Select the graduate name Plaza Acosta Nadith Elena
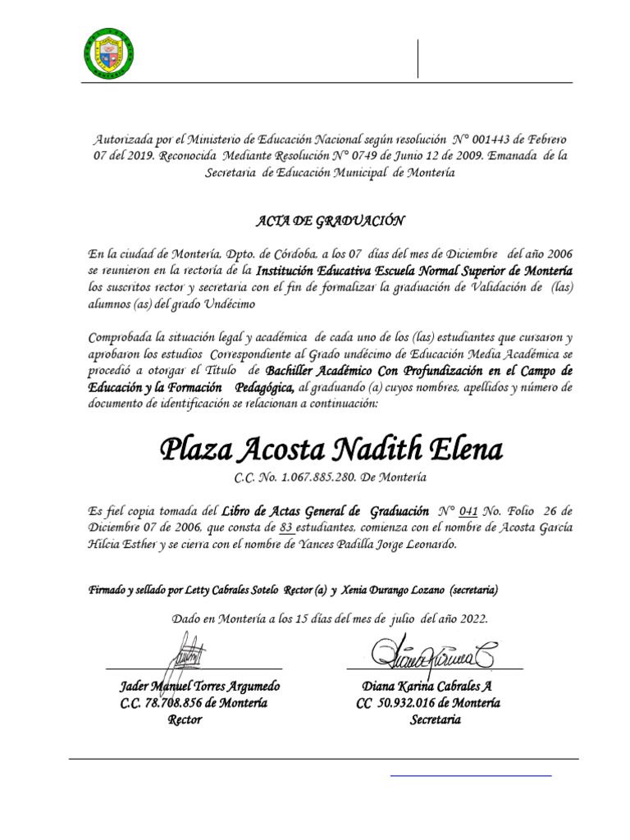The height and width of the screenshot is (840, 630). tap(331, 449)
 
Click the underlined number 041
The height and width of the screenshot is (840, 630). tap(469, 509)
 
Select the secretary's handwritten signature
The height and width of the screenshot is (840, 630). tap(431, 654)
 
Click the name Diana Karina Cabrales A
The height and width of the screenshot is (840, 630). tap(427, 686)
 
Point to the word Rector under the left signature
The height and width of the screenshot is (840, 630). tap(185, 719)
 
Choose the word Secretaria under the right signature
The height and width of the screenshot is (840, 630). tap(435, 719)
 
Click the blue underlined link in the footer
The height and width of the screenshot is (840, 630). tap(470, 774)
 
